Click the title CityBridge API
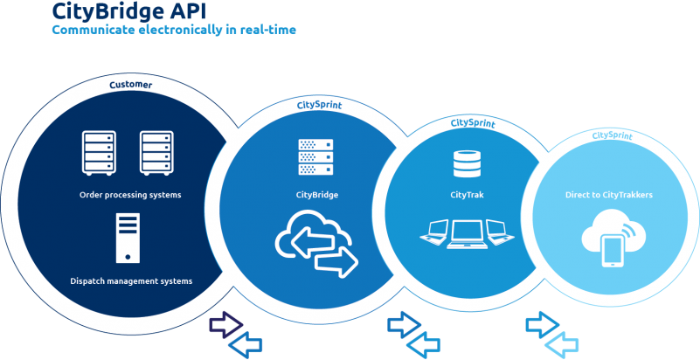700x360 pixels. click(x=129, y=11)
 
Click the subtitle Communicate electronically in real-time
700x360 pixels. click(x=174, y=31)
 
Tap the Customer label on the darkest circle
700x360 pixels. click(x=131, y=84)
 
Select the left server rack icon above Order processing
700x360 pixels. click(x=99, y=152)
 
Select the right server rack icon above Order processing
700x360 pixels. click(x=156, y=152)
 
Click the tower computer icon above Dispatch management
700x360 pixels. click(x=128, y=238)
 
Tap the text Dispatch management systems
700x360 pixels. click(x=131, y=281)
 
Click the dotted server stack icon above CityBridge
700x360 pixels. click(x=315, y=156)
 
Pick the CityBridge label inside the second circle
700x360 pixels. click(x=317, y=195)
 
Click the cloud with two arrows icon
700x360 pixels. click(x=317, y=244)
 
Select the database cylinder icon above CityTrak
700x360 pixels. click(x=467, y=163)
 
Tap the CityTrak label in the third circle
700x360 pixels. click(x=467, y=195)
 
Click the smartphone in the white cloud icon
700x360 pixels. click(x=613, y=252)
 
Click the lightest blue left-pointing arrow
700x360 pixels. click(x=562, y=345)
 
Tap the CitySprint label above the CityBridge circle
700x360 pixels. click(x=319, y=106)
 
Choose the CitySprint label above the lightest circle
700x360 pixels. click(x=612, y=135)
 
